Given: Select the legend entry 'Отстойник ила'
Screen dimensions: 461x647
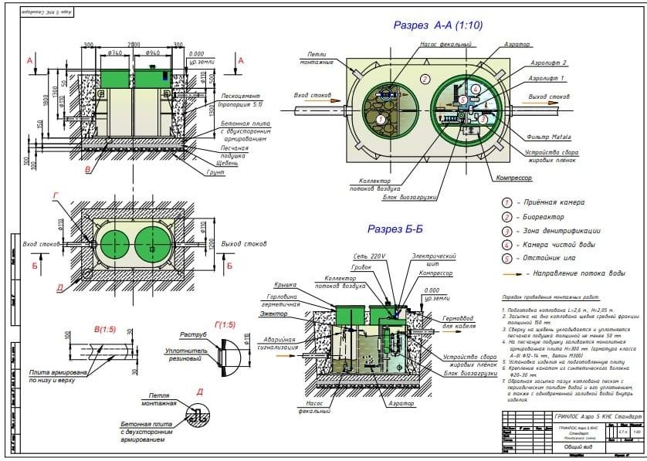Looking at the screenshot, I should (552, 259).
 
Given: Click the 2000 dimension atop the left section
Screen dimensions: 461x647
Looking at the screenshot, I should (134, 44).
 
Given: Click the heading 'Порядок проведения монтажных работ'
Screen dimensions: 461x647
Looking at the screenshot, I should (537, 297).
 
